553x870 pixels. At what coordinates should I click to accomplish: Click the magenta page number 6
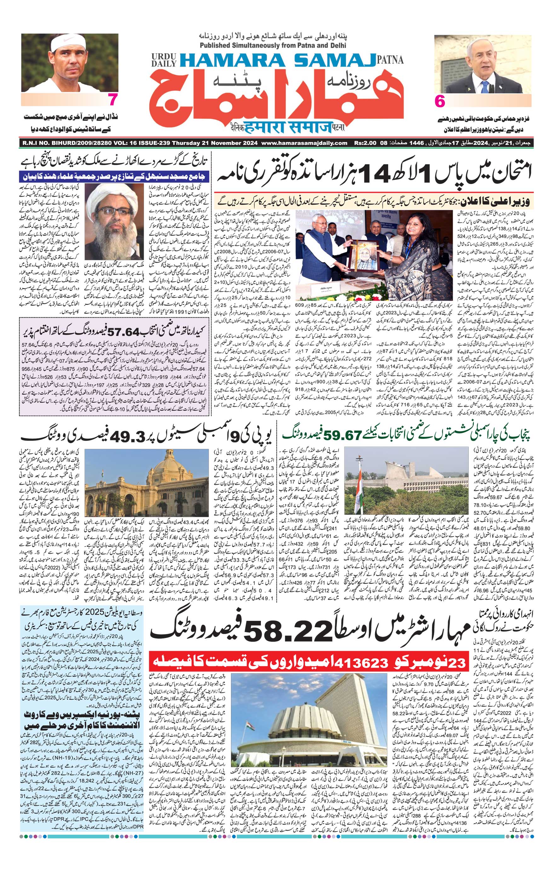click(x=440, y=101)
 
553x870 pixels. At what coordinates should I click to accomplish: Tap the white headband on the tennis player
click(x=69, y=43)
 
